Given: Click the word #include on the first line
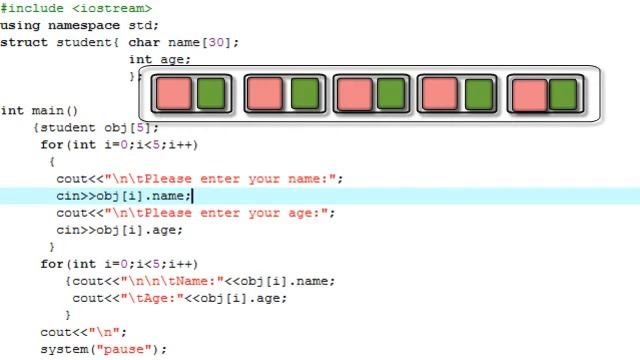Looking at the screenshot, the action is pos(31,7).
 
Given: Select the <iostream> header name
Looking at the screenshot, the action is pos(104,7).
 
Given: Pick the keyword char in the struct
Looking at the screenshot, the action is pos(144,43).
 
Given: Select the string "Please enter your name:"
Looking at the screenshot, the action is pos(224,179).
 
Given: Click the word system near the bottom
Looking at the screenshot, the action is pos(64,349).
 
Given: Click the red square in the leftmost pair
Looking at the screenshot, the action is pos(173,94).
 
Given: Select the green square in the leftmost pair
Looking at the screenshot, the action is pos(210,94).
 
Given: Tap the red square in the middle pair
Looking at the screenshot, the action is pos(353,94).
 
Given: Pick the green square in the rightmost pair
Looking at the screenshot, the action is pos(563,94).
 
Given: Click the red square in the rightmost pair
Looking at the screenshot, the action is pos(529,94).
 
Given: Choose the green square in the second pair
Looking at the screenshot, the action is pos(303,94).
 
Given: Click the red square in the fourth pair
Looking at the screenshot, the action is pos(439,94).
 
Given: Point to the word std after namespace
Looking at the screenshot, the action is pos(144,25).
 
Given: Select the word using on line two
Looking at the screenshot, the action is pos(20,25).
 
